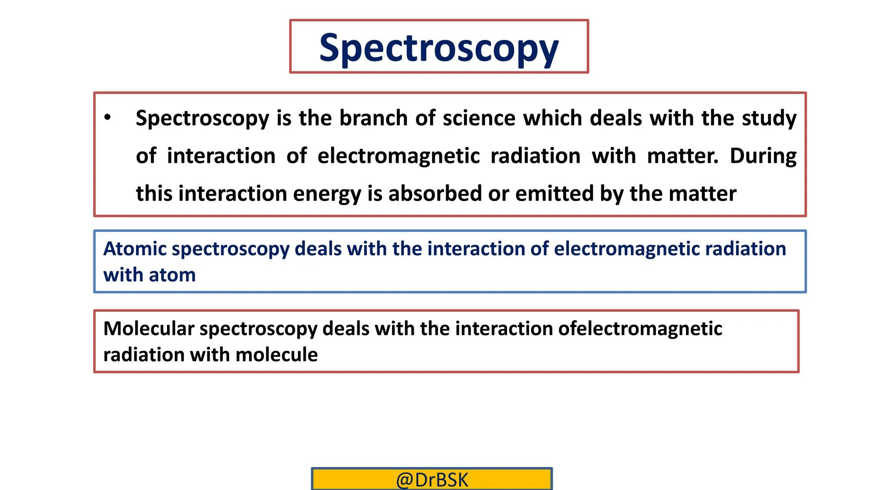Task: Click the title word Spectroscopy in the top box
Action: (438, 48)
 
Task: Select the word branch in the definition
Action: (373, 118)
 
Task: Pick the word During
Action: (763, 156)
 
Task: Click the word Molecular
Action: (148, 329)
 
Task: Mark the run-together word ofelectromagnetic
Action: (640, 329)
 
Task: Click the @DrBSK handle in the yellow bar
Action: (432, 480)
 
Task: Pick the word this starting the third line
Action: (153, 194)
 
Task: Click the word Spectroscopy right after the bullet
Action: (202, 119)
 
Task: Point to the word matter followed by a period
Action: (682, 156)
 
